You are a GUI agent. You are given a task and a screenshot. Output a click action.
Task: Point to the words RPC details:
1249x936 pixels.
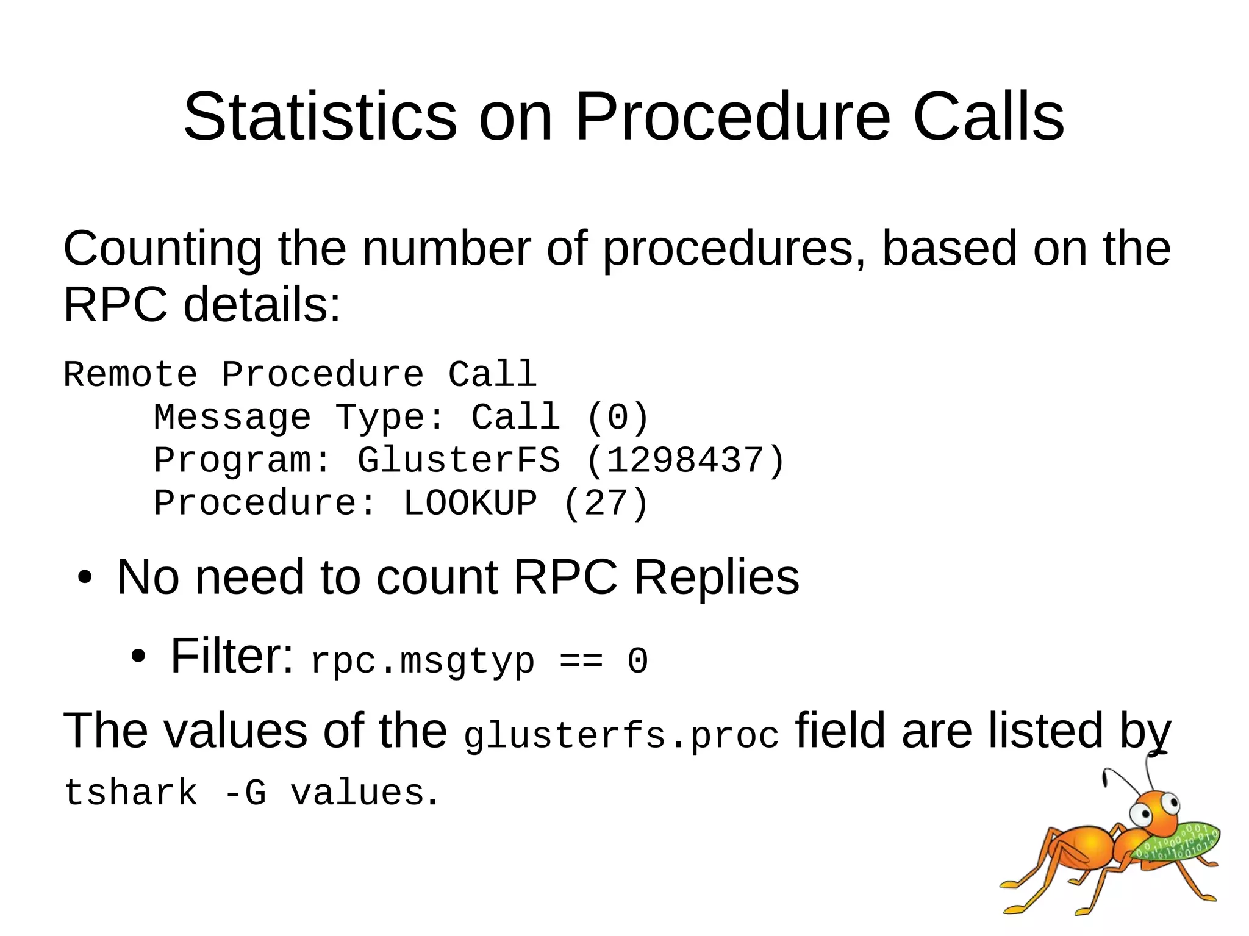(201, 305)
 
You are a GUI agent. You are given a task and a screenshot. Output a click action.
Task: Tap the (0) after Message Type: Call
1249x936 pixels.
(617, 418)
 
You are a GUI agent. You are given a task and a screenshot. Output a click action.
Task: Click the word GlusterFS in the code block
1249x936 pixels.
(458, 460)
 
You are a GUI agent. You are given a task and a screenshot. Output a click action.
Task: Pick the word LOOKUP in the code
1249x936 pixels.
(470, 504)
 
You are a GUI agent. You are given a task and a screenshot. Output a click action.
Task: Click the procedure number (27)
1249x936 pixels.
(606, 504)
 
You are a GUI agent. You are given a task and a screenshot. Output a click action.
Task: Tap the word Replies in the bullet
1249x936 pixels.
(716, 577)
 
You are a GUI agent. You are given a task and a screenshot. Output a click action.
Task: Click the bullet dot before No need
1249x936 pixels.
(85, 577)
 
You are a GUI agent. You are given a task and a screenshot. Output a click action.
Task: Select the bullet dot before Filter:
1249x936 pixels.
(138, 657)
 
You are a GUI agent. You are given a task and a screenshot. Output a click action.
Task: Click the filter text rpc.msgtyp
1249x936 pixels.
(422, 661)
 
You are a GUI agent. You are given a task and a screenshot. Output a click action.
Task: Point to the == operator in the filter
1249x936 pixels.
(581, 661)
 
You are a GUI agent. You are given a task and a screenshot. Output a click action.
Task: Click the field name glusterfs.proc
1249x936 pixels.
(621, 735)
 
